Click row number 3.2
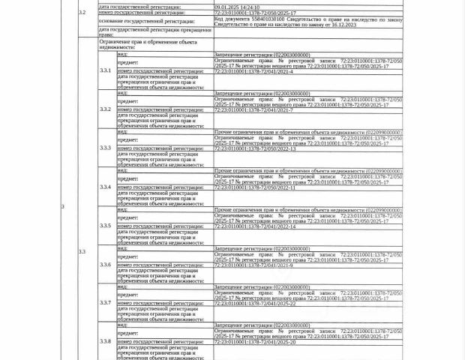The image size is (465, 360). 82,13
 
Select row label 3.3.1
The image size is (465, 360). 105,70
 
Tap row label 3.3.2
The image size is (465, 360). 105,109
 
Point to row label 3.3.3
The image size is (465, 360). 105,148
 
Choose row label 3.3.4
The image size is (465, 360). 105,187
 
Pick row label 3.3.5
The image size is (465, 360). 105,226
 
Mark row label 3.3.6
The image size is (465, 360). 105,265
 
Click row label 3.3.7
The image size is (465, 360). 105,303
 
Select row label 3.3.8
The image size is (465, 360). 105,341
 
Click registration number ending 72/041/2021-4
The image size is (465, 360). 254,71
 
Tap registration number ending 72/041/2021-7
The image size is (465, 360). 254,110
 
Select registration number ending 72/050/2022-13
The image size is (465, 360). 255,149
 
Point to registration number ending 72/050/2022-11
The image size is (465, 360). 255,187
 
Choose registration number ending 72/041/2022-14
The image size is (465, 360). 255,226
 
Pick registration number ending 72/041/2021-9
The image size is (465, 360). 254,265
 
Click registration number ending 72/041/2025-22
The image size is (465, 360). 255,304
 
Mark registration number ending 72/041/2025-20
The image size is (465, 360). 255,343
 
